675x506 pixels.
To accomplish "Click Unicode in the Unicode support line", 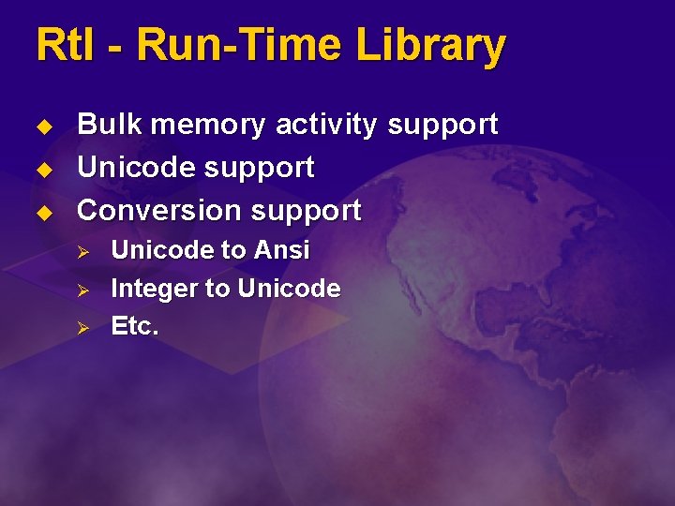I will tap(134, 168).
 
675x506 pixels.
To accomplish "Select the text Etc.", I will tap(135, 326).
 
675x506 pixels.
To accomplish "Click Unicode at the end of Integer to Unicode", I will tap(289, 289).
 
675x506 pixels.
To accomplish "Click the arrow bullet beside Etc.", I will tap(82, 328).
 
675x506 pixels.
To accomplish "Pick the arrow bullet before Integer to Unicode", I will tap(82, 290).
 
